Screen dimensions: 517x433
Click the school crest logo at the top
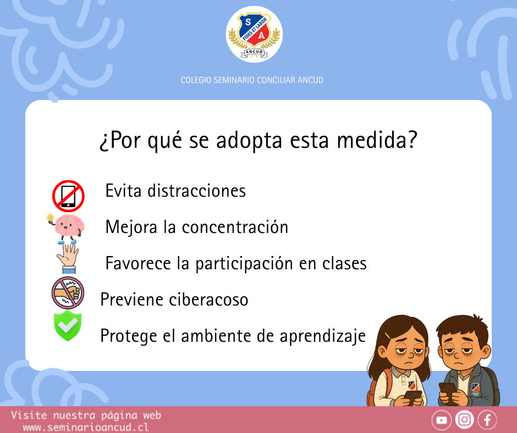pos(254,34)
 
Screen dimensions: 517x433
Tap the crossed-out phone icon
pos(68,196)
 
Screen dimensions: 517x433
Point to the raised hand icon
pos(68,259)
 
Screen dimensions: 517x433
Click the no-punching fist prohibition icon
pos(68,293)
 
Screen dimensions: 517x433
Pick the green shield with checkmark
pos(68,325)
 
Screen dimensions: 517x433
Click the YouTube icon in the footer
pos(442,420)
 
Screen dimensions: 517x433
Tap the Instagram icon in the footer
pos(464,420)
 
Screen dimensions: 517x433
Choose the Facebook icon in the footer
pos(487,420)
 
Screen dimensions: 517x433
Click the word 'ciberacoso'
pos(208,299)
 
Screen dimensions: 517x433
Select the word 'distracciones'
pos(196,191)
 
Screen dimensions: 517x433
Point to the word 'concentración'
pos(235,227)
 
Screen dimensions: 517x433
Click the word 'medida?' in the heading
pos(377,140)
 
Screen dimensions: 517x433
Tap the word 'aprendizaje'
pos(323,336)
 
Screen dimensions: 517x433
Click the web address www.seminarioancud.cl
pos(86,428)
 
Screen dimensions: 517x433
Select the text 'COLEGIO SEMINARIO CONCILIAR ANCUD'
pos(252,80)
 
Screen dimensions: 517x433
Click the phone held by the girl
pos(413,396)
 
